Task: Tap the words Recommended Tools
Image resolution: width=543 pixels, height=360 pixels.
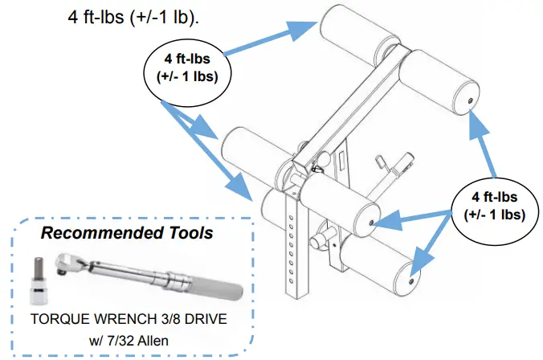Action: click(x=127, y=233)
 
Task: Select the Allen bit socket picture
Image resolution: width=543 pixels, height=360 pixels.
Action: click(x=38, y=280)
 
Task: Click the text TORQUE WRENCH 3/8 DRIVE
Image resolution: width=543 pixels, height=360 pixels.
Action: click(x=129, y=319)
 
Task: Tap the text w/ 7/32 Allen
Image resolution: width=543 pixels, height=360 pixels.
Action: click(x=129, y=341)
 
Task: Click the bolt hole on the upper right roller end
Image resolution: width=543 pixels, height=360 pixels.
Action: click(x=470, y=100)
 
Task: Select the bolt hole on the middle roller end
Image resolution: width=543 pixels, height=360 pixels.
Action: click(x=372, y=223)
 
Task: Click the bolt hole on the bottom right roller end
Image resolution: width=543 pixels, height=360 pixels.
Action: click(x=411, y=280)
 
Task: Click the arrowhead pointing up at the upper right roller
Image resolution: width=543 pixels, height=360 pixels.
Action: click(x=478, y=125)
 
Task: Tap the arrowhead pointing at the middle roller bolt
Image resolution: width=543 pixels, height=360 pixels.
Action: click(x=387, y=221)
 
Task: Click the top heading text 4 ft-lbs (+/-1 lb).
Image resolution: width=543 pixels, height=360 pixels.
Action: click(x=133, y=16)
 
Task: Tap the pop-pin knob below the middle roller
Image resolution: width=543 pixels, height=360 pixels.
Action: click(x=318, y=242)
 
